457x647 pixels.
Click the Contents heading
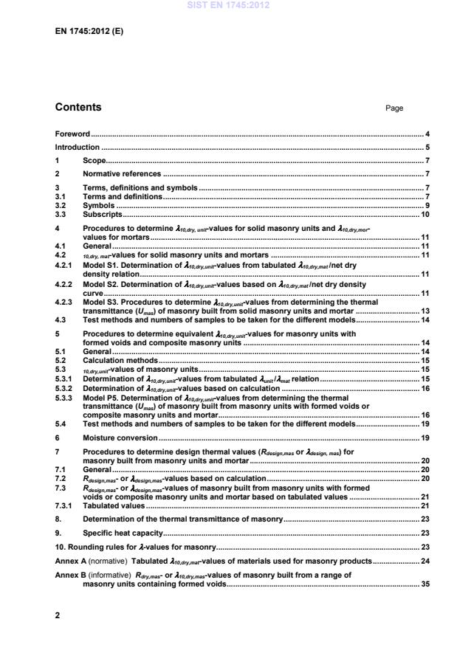click(x=78, y=108)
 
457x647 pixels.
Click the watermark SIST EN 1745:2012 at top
click(x=228, y=5)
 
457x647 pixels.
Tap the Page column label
click(x=394, y=108)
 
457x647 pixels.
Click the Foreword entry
click(x=72, y=134)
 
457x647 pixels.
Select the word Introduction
click(x=77, y=148)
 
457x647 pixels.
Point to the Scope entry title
click(x=94, y=161)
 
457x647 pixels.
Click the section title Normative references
click(x=121, y=174)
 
